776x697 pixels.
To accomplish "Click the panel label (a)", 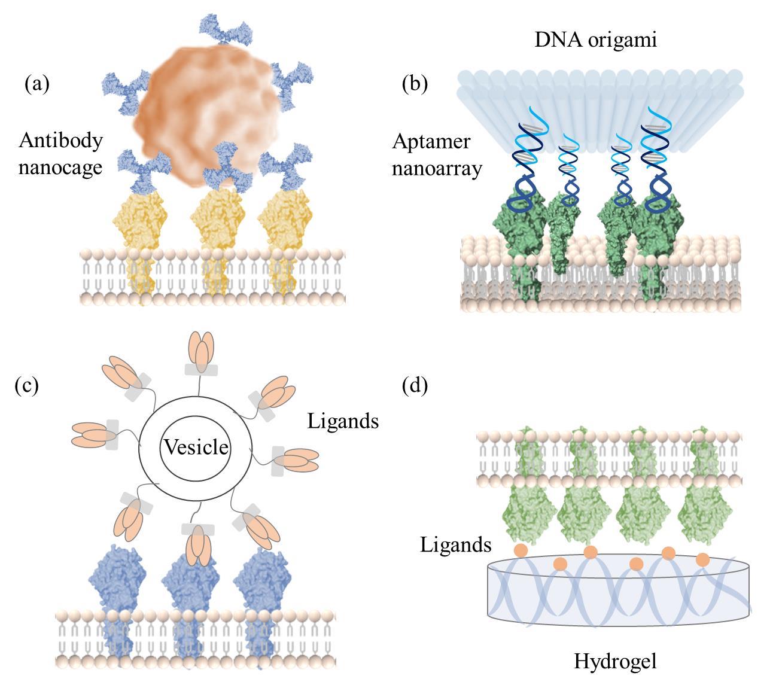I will click(36, 84).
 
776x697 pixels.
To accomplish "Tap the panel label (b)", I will click(415, 84).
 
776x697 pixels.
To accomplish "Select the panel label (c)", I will click(26, 385).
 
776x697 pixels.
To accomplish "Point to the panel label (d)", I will click(415, 385).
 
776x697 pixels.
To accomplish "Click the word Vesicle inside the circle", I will click(196, 447).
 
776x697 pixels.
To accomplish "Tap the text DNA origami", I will click(595, 40).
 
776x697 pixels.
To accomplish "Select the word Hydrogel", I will click(615, 661).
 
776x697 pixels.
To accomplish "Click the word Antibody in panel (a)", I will click(60, 141).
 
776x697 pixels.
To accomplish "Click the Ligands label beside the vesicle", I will click(343, 421).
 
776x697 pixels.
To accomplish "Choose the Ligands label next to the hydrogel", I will click(455, 545).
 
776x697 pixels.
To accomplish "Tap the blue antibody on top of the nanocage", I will click(224, 29).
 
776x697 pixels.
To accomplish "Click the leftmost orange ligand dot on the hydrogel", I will click(521, 550).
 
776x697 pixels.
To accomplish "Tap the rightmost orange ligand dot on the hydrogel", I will click(702, 560).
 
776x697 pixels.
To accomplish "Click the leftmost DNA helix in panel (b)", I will click(525, 168).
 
